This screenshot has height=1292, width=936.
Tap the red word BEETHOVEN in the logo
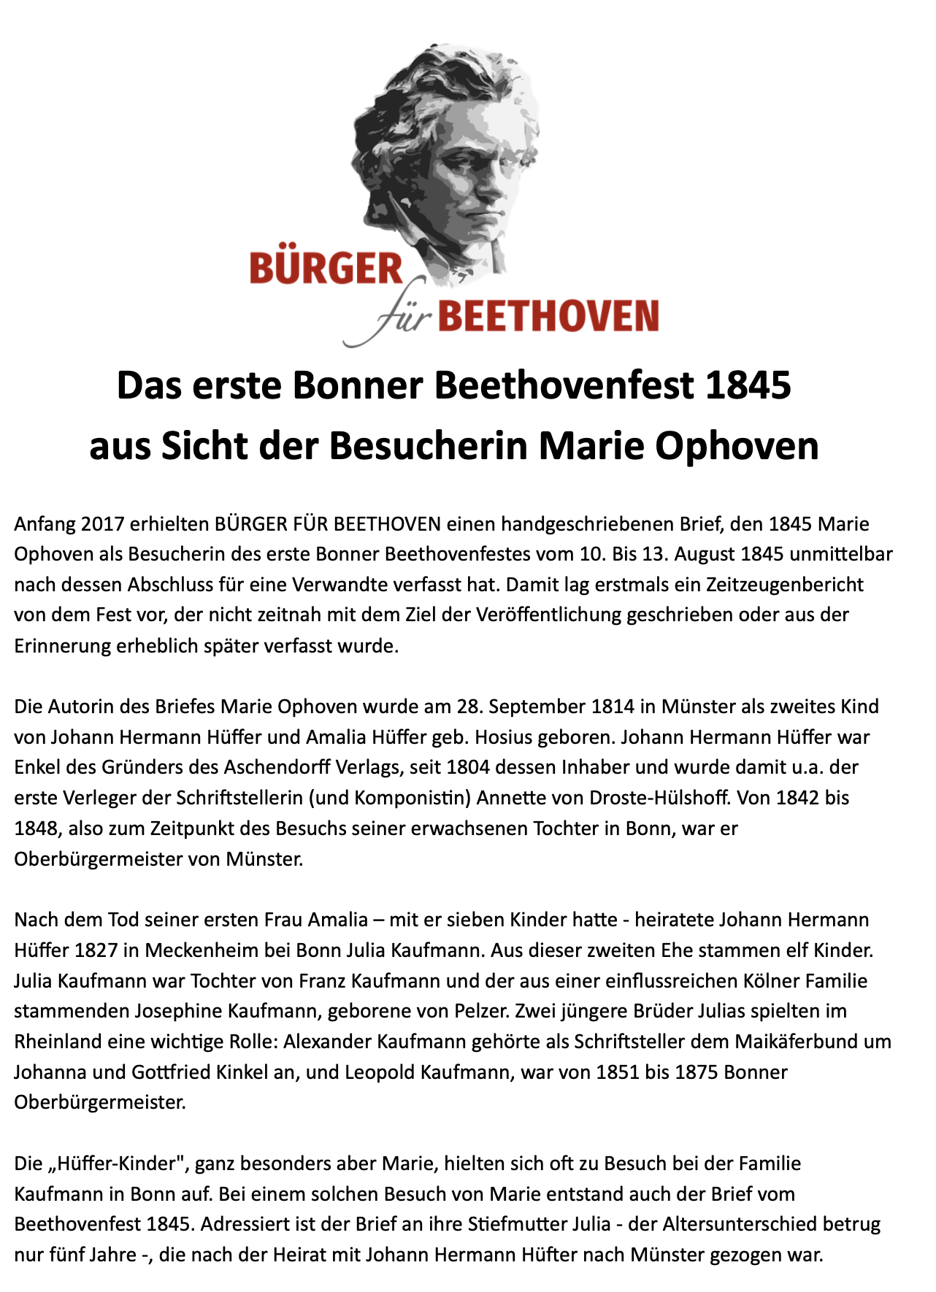(x=549, y=316)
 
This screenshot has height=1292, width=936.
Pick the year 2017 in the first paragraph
(x=103, y=523)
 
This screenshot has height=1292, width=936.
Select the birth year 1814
(x=613, y=707)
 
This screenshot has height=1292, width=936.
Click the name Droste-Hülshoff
(x=653, y=798)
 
